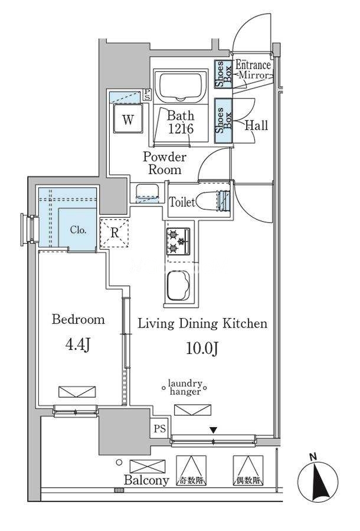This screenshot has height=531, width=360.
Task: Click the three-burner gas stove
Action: (x=178, y=241)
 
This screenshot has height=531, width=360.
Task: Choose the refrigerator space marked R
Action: (x=114, y=233)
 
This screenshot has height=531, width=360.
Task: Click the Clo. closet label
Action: (x=78, y=230)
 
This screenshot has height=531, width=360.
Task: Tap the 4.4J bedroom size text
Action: (x=77, y=345)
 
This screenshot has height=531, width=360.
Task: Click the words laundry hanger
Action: (x=185, y=388)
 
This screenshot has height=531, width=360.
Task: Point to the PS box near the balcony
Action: (x=159, y=428)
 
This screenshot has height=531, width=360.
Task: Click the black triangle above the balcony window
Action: (x=213, y=430)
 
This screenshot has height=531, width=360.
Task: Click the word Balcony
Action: (x=146, y=480)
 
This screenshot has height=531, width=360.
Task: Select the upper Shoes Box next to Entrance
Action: (x=223, y=74)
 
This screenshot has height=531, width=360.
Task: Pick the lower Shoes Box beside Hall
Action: (x=223, y=120)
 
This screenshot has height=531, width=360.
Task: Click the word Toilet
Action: (x=182, y=202)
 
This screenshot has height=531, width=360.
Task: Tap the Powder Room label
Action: (x=165, y=163)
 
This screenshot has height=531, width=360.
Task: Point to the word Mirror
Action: (x=254, y=75)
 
